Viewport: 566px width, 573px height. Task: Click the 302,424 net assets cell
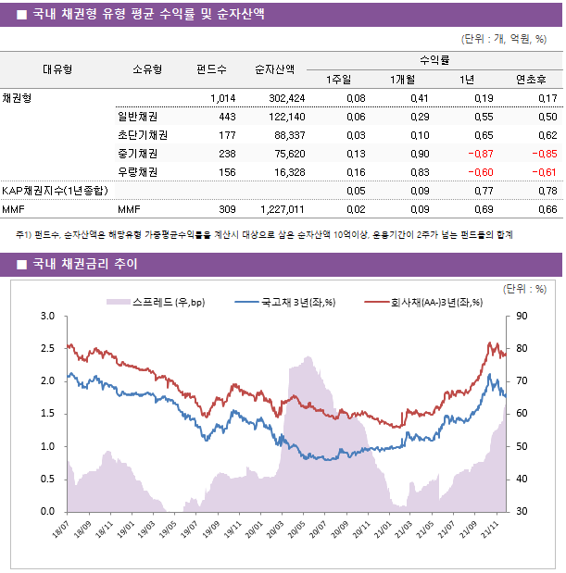point(283,98)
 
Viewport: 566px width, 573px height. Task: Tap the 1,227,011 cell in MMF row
point(280,210)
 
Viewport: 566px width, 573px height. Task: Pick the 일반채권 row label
point(137,117)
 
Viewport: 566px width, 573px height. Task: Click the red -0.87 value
point(479,154)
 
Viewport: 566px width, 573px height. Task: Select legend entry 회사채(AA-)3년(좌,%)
point(424,302)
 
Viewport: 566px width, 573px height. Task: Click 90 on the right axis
point(522,317)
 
